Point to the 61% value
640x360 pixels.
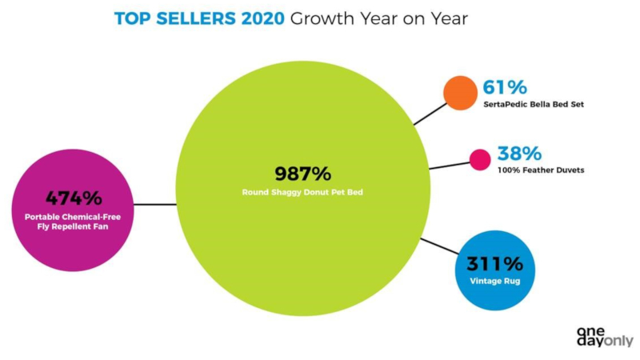click(x=504, y=86)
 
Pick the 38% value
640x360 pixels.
click(x=519, y=153)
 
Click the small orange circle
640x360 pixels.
click(x=459, y=93)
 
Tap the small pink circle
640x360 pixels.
click(x=479, y=160)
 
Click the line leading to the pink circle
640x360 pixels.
click(x=450, y=165)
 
